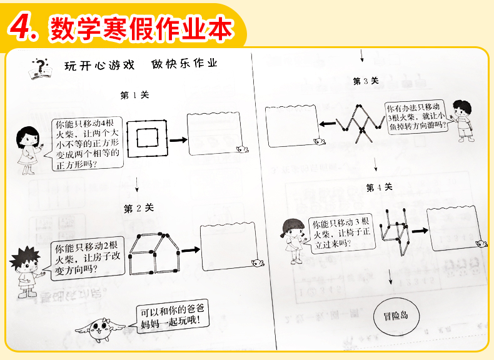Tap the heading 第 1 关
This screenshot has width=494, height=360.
pos(134,95)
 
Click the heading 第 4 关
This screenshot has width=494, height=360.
pos(379,187)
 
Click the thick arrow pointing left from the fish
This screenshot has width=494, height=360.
pos(326,124)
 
